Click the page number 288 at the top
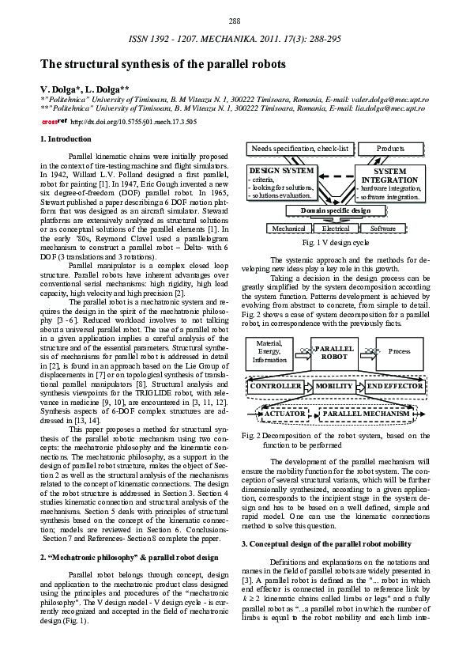[235, 20]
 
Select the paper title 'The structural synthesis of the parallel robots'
[164, 64]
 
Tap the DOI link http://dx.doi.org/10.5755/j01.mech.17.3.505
[133, 123]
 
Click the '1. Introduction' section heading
[66, 139]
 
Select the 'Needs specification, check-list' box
[300, 149]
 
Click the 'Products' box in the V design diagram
[390, 149]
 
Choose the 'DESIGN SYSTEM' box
[282, 183]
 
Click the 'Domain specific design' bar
[336, 210]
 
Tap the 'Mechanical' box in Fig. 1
[289, 229]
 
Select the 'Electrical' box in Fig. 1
[336, 229]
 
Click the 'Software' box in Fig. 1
[383, 229]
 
